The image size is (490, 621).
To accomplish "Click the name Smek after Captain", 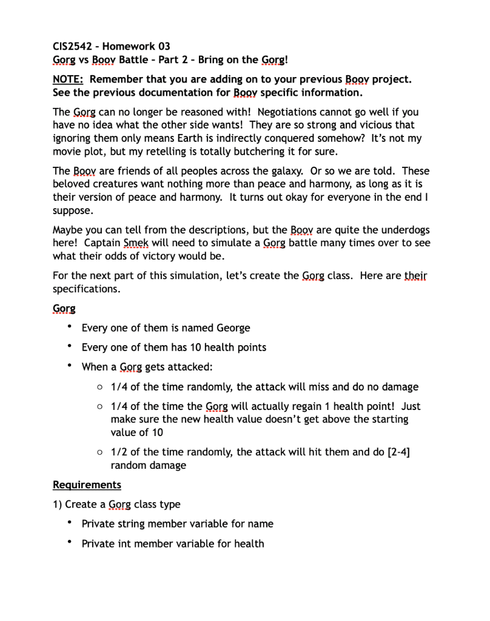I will (136, 244).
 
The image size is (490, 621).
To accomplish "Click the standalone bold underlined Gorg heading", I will (64, 308).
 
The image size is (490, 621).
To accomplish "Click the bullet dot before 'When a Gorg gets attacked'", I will (70, 366).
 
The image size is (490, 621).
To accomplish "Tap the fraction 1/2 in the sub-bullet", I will (119, 452).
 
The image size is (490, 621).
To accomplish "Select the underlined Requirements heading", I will (87, 485).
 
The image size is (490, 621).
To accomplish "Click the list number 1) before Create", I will (58, 504).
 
